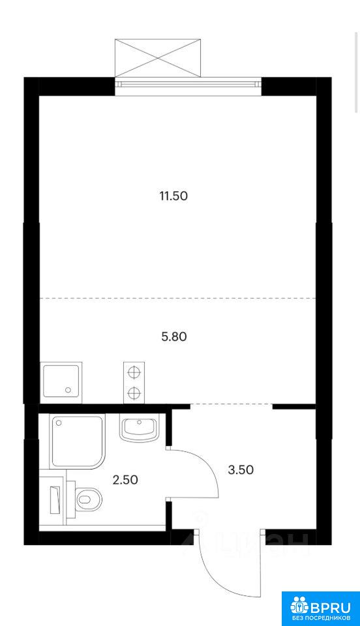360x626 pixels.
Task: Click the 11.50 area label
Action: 173,196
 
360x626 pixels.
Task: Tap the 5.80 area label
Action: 174,337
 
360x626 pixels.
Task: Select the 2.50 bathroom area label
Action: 125,479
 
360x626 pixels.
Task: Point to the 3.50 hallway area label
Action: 241,469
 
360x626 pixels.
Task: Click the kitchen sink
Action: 61,381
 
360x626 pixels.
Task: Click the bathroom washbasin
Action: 138,428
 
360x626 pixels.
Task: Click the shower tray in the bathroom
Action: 77,442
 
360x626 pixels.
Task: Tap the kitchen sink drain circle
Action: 68,390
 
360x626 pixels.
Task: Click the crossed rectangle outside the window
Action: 157,58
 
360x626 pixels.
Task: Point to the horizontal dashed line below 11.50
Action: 177,298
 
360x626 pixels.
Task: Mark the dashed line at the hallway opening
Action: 231,404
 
